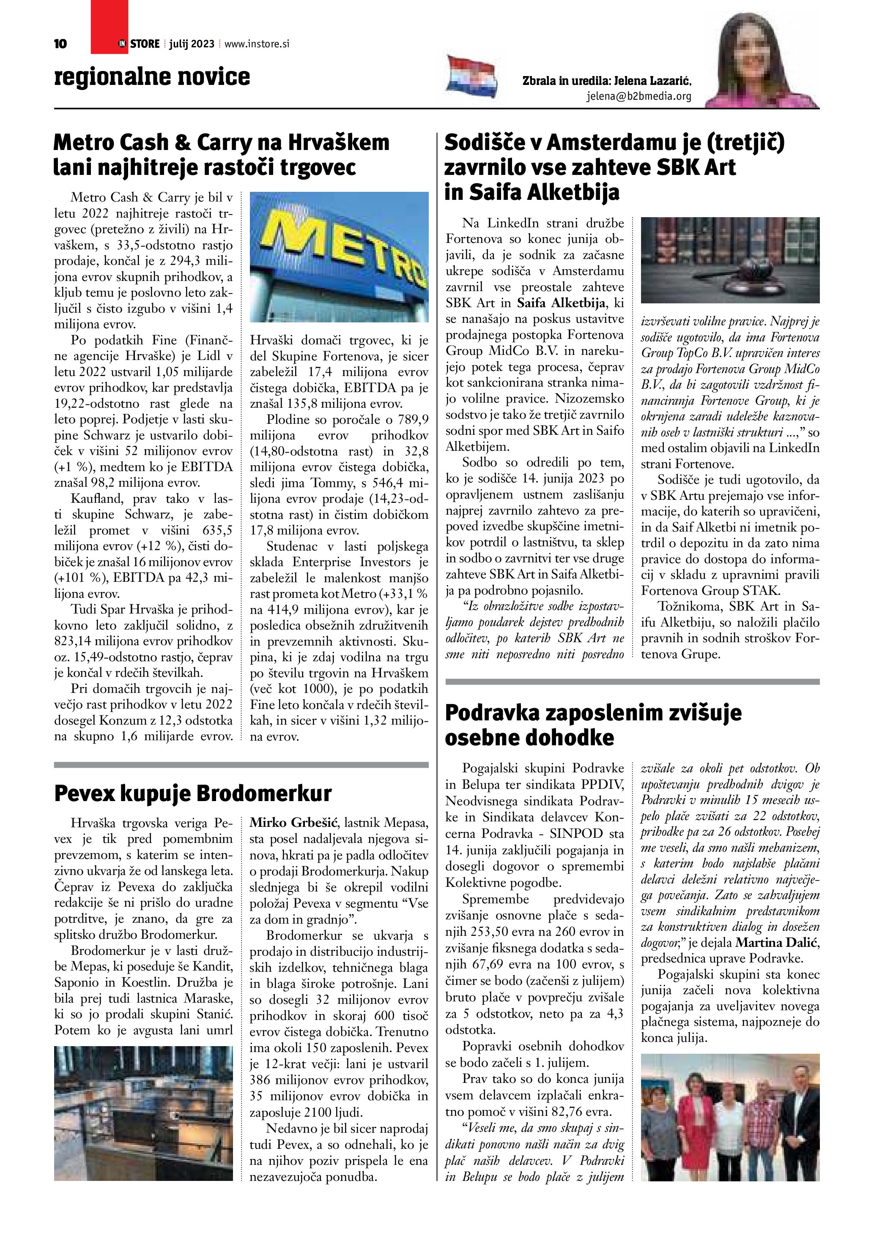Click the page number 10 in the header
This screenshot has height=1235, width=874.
click(61, 44)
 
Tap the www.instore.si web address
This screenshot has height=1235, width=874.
click(257, 44)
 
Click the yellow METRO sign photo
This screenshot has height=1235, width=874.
click(339, 256)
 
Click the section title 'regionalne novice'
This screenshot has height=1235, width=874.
click(152, 77)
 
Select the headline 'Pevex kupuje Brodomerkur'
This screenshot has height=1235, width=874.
click(193, 793)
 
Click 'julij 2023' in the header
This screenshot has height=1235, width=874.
click(192, 44)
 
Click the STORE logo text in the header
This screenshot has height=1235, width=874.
click(144, 44)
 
